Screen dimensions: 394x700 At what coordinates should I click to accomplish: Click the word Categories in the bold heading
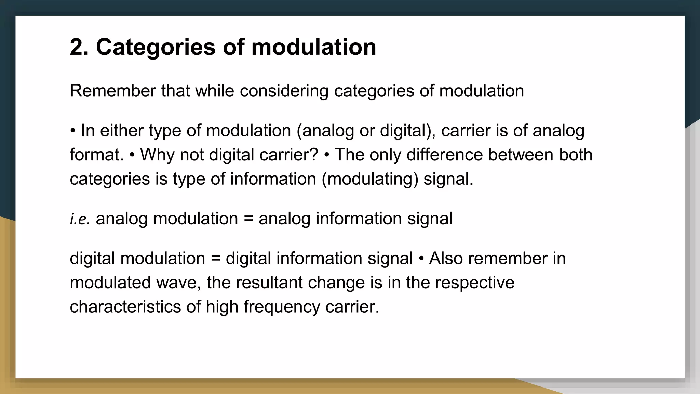tap(156, 47)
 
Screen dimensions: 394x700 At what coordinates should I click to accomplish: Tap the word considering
tap(284, 91)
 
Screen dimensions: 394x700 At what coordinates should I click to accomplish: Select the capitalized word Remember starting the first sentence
tap(113, 91)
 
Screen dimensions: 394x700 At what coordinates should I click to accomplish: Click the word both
tap(576, 155)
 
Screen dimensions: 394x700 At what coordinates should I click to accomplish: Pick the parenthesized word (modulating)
tap(370, 179)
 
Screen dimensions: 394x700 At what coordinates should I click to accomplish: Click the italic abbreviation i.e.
tap(80, 219)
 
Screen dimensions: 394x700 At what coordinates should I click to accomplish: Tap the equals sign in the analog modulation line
tap(248, 219)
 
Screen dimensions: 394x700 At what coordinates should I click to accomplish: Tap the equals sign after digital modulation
tap(215, 259)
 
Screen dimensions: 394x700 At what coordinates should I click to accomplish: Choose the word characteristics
tap(125, 307)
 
